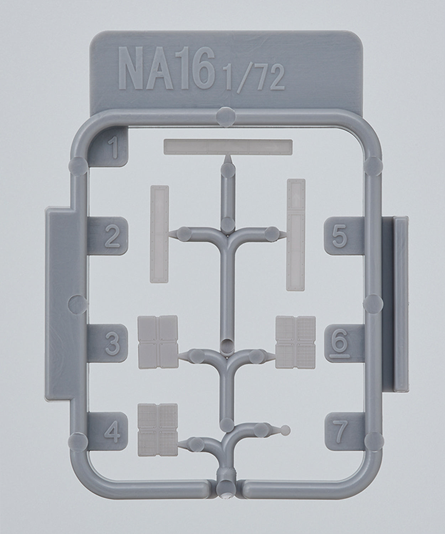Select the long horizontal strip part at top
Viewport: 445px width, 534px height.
[x=228, y=147]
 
